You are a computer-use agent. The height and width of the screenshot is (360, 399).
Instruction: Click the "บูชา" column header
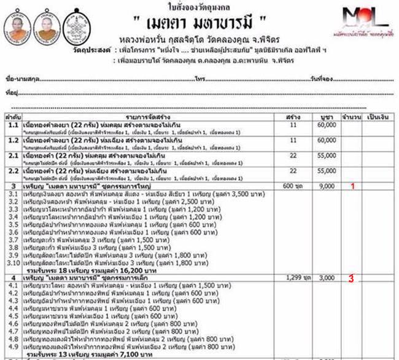pos(325,115)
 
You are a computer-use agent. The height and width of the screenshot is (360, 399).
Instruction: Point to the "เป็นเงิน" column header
pos(378,115)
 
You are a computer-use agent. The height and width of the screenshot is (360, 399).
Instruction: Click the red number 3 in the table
pos(351,278)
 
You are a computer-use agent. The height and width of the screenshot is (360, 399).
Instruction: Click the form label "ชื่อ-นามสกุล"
pos(19,80)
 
